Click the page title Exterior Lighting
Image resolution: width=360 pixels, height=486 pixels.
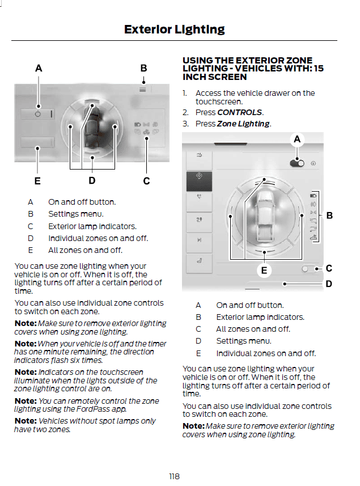tap(174, 29)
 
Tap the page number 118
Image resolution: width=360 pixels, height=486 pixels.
tap(175, 476)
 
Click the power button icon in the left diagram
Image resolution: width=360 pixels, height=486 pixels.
tap(38, 114)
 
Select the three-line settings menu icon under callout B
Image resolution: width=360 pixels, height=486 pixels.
tap(143, 89)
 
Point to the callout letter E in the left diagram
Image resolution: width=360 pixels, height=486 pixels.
tap(37, 181)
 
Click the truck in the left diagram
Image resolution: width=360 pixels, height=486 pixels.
tap(92, 127)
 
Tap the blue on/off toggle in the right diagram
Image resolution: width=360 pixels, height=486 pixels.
tap(297, 163)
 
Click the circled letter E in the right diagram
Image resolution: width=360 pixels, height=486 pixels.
tap(264, 271)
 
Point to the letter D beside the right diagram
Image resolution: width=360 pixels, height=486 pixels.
tap(329, 284)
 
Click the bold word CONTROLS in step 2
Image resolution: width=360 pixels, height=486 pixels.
tap(239, 112)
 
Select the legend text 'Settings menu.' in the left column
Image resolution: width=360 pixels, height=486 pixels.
tap(75, 214)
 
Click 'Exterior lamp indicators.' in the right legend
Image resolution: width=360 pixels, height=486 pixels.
tap(260, 317)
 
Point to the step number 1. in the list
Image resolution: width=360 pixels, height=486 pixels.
tap(185, 93)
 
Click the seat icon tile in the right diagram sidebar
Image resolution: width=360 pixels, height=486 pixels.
tap(200, 261)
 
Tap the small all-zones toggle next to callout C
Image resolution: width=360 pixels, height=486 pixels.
tap(307, 269)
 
